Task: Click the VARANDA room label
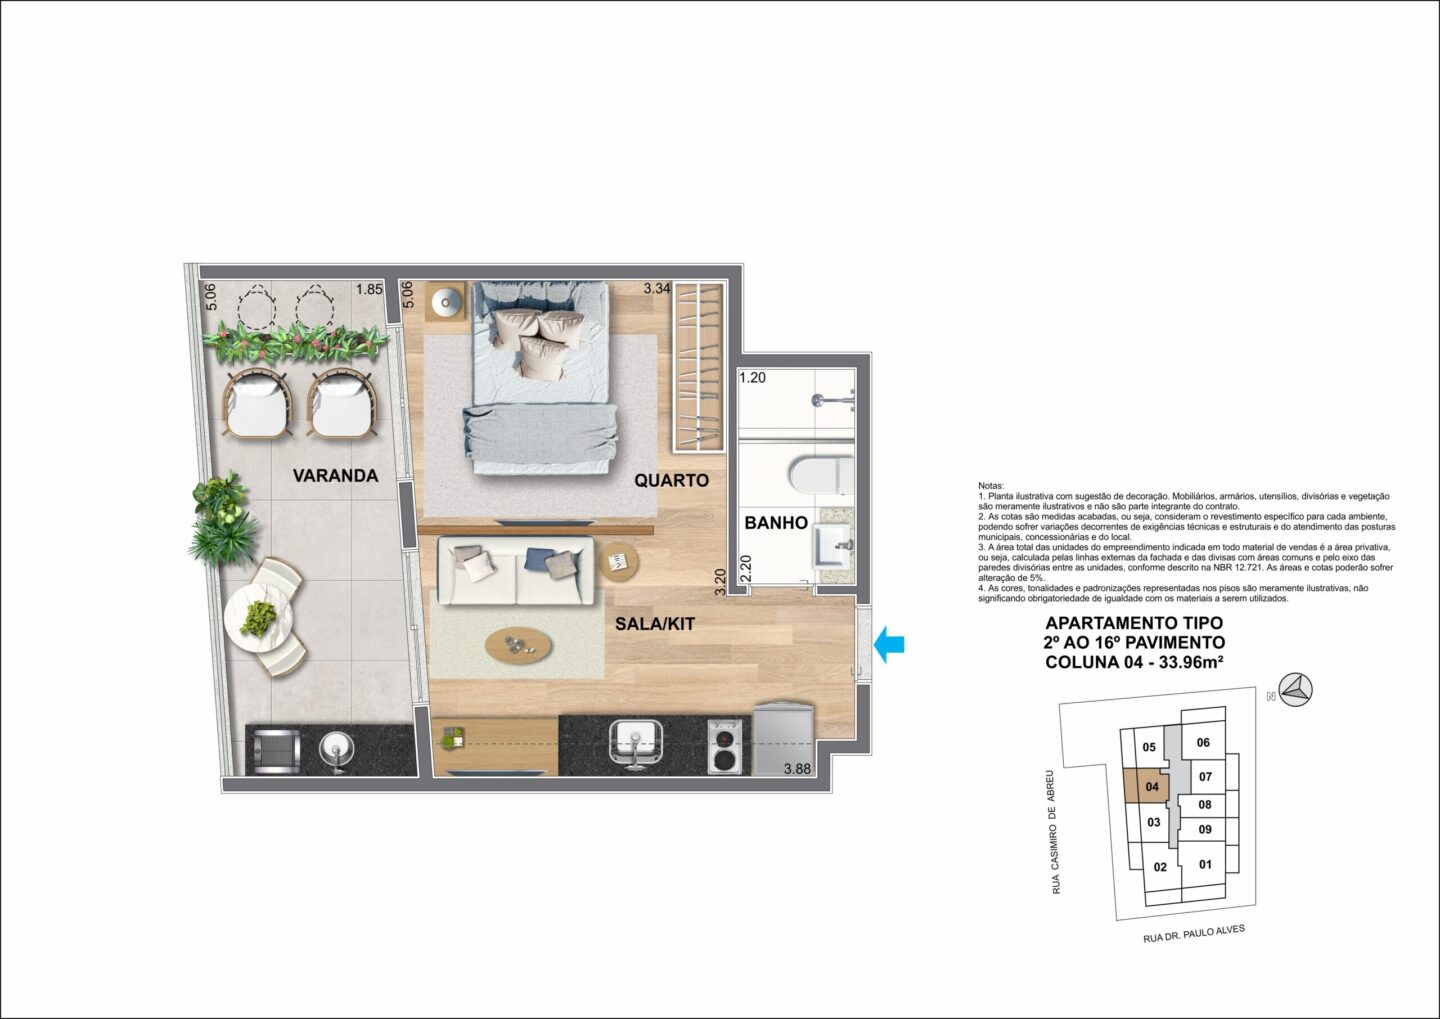point(335,476)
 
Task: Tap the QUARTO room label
point(671,480)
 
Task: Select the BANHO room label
point(776,523)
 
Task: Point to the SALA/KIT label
point(655,624)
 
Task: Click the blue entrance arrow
point(890,644)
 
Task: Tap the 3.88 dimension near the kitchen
point(797,768)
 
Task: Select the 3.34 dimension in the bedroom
point(657,289)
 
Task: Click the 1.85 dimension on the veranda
point(370,289)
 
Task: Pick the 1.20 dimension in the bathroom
point(753,377)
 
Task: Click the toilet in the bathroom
point(821,475)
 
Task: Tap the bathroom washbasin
point(834,552)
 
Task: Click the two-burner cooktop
point(725,746)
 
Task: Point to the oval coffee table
point(518,644)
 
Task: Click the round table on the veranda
point(258,618)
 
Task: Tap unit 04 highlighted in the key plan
point(1151,787)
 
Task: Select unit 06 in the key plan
point(1203,743)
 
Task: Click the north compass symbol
point(1296,690)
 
